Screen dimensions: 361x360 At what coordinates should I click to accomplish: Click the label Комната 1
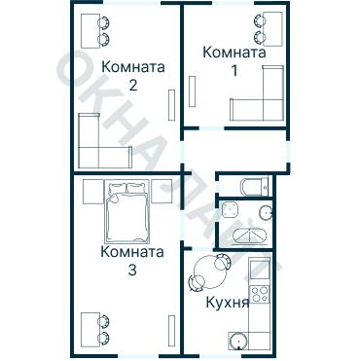click(234, 61)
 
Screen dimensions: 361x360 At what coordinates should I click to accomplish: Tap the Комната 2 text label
click(132, 75)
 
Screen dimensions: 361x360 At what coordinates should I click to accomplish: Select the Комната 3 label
click(132, 260)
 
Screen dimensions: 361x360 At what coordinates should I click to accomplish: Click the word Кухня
click(228, 302)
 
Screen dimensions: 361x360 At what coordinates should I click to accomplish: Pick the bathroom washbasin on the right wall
click(264, 213)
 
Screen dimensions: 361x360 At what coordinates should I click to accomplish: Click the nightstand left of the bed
click(90, 191)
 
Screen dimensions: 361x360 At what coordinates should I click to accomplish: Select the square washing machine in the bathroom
click(231, 210)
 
